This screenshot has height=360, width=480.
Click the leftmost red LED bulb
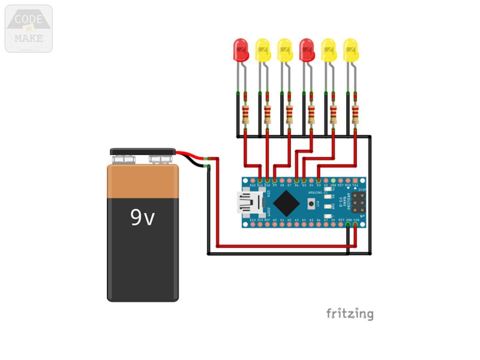[241, 50]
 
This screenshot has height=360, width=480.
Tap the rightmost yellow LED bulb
[351, 50]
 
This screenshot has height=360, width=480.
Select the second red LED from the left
[307, 50]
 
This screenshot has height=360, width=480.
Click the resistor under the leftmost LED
[245, 114]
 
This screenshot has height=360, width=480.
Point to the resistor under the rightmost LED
[355, 114]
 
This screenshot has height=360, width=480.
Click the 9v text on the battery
[142, 217]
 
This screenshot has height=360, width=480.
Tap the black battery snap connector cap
[143, 152]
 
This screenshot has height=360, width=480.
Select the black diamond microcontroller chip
[286, 203]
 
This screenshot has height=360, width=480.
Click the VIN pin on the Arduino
[355, 225]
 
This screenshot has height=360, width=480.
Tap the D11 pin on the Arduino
[260, 181]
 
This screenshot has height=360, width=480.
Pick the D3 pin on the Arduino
[319, 181]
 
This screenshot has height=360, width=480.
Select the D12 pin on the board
[253, 181]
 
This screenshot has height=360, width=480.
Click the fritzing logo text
[349, 314]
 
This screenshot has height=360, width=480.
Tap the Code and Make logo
[29, 29]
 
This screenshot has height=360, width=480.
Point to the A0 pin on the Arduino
[275, 225]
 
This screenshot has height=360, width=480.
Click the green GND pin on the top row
[333, 181]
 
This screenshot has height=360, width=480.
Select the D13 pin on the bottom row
[253, 225]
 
